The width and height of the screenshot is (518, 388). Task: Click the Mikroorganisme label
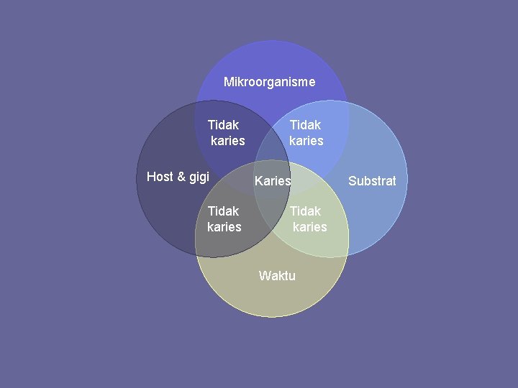(x=269, y=82)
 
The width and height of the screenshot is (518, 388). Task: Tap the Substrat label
(x=372, y=181)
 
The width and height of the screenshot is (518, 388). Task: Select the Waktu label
(x=277, y=276)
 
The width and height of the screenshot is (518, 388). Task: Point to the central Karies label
(x=273, y=181)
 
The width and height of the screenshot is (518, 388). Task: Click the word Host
(x=160, y=177)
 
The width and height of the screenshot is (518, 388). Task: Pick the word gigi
(x=197, y=177)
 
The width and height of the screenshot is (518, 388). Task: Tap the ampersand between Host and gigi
(x=180, y=177)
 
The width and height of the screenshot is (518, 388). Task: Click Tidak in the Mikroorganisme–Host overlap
(x=223, y=125)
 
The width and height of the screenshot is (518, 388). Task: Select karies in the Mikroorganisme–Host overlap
(x=227, y=141)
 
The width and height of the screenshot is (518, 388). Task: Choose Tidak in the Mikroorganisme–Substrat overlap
(x=305, y=125)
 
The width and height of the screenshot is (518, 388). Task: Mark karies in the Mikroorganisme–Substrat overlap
(x=306, y=141)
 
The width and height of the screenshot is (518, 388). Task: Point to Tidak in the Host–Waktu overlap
(x=223, y=211)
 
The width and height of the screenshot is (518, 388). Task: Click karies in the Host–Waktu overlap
(x=224, y=227)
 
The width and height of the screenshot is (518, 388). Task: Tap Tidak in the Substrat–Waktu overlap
(x=305, y=211)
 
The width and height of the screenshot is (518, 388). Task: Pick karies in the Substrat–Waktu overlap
(x=309, y=227)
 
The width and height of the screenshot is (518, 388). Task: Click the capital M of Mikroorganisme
(x=228, y=82)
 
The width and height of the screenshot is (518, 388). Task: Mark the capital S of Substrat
(x=353, y=181)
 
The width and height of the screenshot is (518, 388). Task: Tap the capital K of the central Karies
(x=259, y=181)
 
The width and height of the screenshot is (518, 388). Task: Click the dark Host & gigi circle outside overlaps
(x=162, y=208)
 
